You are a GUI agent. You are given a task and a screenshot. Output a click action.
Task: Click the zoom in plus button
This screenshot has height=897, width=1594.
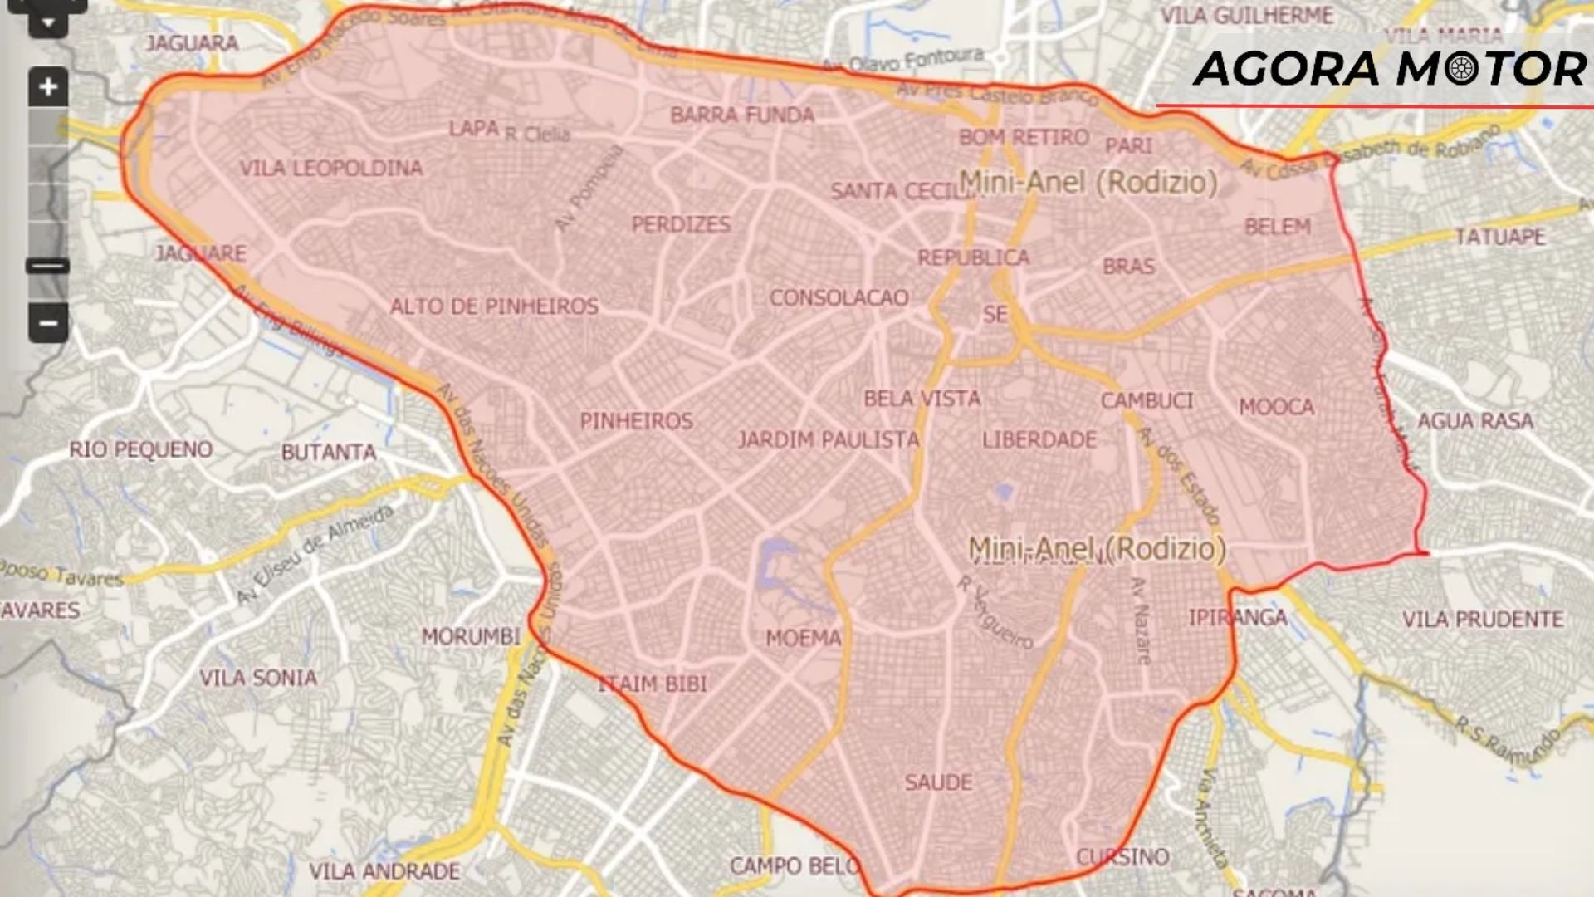click(x=48, y=86)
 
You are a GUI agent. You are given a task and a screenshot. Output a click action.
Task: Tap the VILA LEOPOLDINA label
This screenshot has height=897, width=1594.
click(x=331, y=169)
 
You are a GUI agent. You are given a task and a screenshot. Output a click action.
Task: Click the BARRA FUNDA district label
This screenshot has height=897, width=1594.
click(x=742, y=115)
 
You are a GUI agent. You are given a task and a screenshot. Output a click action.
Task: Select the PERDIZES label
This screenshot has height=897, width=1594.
click(x=681, y=224)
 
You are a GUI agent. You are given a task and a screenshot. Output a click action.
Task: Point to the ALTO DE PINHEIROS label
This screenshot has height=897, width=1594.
click(x=494, y=306)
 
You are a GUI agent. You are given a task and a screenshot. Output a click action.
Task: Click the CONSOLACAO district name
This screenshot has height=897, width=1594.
click(x=839, y=298)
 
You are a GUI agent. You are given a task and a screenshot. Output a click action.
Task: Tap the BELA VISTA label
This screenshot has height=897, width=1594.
click(x=922, y=399)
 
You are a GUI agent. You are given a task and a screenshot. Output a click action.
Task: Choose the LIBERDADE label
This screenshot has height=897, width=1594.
click(x=1039, y=440)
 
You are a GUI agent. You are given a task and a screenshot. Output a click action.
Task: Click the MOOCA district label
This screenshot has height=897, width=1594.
click(x=1277, y=407)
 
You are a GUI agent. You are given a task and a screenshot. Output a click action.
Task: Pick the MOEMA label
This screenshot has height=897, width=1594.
click(x=803, y=638)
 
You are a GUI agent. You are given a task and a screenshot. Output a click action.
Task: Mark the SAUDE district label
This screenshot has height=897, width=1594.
click(x=938, y=782)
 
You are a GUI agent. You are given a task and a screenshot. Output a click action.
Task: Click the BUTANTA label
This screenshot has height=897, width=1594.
click(x=329, y=453)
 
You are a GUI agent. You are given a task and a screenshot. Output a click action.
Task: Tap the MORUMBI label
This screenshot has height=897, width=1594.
click(x=471, y=637)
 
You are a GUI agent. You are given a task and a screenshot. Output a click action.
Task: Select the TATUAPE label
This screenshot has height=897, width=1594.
click(x=1500, y=238)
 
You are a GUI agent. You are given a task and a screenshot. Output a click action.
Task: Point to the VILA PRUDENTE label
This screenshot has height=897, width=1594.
click(x=1483, y=620)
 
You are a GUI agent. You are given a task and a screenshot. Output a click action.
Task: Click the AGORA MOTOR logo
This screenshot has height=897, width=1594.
click(x=1389, y=69)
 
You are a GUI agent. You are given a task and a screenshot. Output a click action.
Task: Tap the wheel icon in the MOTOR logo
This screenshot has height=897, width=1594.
click(x=1461, y=69)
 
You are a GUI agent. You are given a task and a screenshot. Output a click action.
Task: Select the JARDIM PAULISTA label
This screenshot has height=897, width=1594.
click(x=829, y=440)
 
